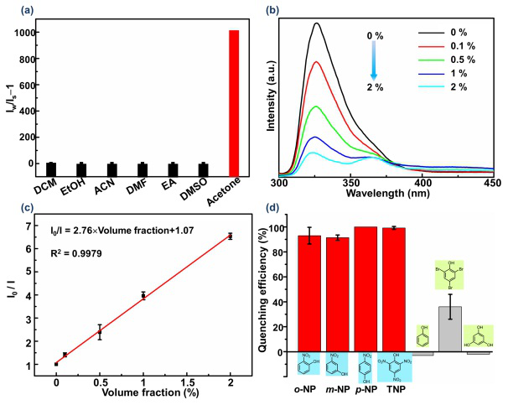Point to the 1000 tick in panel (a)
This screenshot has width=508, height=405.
[x=36, y=33]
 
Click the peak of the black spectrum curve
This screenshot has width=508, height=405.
[x=316, y=23]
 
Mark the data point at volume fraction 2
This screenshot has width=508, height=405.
[x=230, y=236]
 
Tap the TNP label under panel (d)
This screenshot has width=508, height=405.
[x=390, y=392]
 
